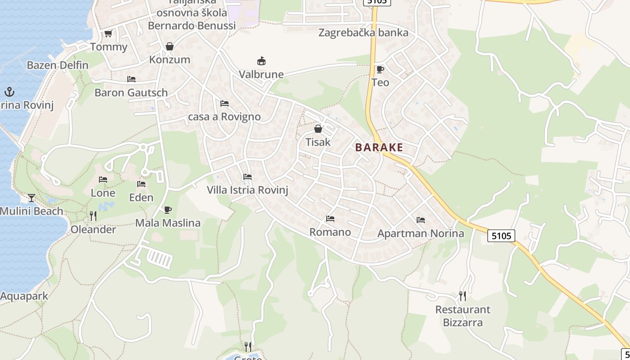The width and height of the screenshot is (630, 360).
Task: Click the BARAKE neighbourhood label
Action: tap(379, 147)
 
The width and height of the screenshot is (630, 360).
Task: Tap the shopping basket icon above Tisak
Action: tap(318, 129)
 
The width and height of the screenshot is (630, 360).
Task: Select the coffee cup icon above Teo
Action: tap(380, 69)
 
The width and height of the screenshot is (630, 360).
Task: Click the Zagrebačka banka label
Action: tap(363, 32)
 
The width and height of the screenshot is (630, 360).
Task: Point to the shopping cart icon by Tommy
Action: tap(108, 34)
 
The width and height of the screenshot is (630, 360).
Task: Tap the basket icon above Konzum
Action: tap(170, 46)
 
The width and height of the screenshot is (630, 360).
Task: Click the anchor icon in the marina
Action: tap(9, 92)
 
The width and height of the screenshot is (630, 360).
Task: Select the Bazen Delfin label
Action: tap(58, 65)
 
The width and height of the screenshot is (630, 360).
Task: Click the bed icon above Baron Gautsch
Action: tap(131, 79)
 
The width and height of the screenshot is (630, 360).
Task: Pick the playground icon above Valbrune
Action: tap(261, 61)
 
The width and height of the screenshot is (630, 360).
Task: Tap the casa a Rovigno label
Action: tap(224, 117)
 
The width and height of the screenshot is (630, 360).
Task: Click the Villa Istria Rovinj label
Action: tap(247, 190)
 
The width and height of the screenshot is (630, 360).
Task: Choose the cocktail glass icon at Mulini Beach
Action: tap(31, 198)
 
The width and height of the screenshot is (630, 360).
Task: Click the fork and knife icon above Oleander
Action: tap(93, 216)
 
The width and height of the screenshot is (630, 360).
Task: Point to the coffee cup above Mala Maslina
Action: tap(167, 210)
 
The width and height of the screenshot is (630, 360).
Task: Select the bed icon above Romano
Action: tap(330, 219)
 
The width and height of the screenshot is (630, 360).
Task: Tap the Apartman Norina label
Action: tap(420, 233)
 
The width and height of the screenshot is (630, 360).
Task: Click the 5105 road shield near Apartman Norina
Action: tap(501, 235)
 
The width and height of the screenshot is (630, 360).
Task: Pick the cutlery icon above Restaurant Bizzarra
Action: tap(462, 296)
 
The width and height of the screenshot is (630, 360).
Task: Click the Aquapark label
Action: tap(24, 296)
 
